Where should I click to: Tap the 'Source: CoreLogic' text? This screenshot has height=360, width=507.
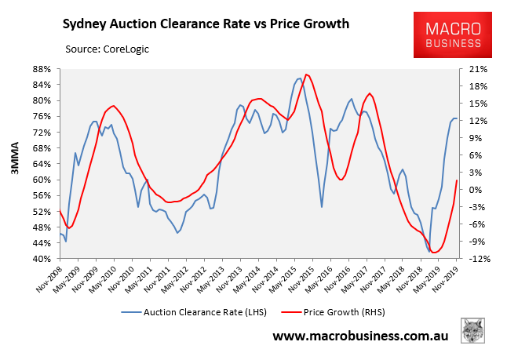click(108, 49)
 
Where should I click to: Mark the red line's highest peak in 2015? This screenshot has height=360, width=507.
click(306, 74)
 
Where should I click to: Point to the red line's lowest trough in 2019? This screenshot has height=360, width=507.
click(434, 253)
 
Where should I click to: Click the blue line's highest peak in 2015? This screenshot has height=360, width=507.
click(299, 78)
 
